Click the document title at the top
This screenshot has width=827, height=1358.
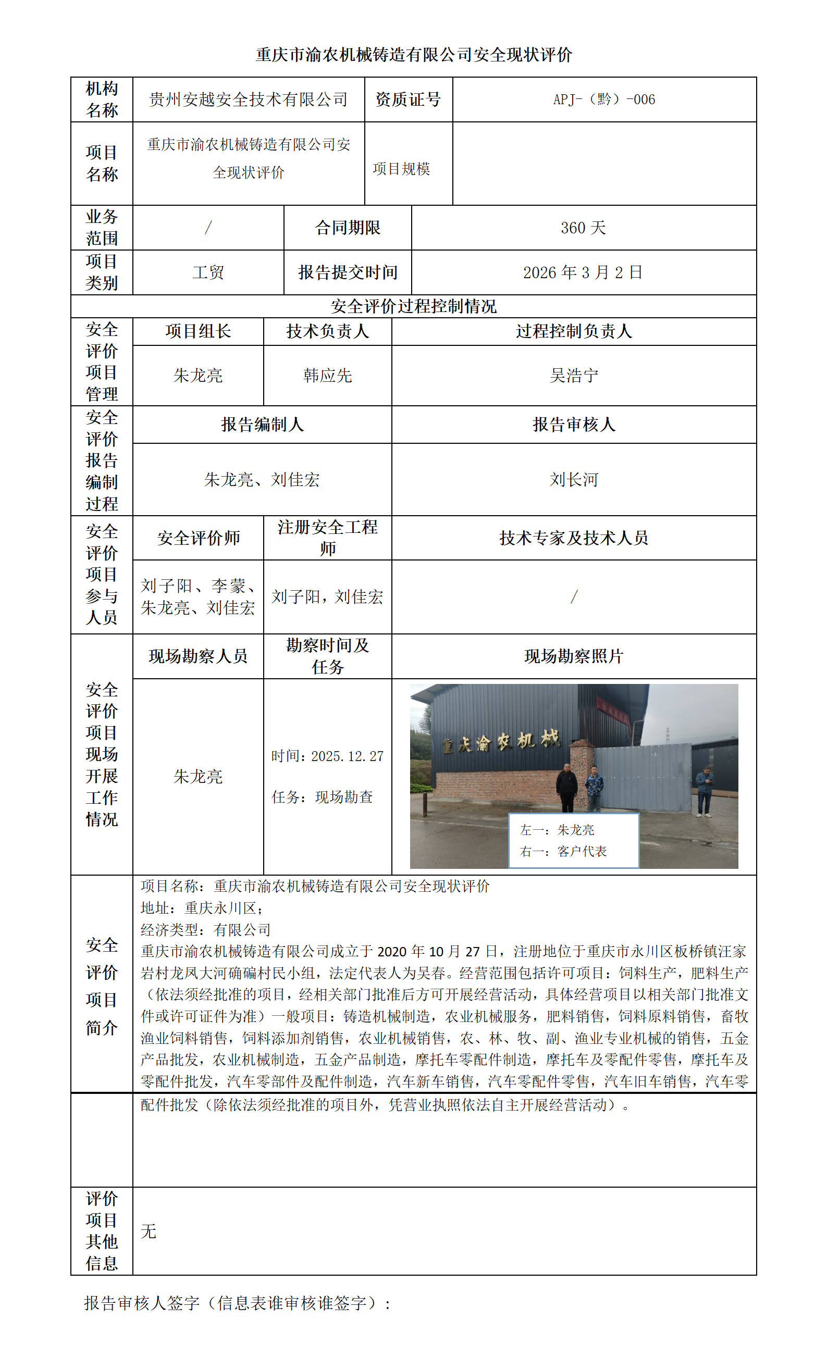(x=414, y=55)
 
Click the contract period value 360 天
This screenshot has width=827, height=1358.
(x=583, y=228)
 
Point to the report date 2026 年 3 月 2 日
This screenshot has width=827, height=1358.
(x=583, y=272)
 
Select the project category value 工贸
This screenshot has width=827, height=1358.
(x=208, y=272)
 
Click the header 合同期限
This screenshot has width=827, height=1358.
(x=348, y=228)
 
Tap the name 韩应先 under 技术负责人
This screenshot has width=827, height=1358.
(x=327, y=376)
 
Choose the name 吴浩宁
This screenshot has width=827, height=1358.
(x=573, y=376)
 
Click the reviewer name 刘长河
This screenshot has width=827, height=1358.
(x=573, y=479)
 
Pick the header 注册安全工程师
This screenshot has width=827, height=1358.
(x=327, y=538)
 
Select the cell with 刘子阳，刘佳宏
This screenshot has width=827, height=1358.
(x=327, y=597)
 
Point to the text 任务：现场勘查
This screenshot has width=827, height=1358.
(x=322, y=797)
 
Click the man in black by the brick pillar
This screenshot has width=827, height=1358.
(x=566, y=787)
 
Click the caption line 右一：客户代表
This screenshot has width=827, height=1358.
(x=563, y=852)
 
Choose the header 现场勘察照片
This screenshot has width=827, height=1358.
(x=573, y=656)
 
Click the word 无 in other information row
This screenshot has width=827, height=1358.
(x=149, y=1231)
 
